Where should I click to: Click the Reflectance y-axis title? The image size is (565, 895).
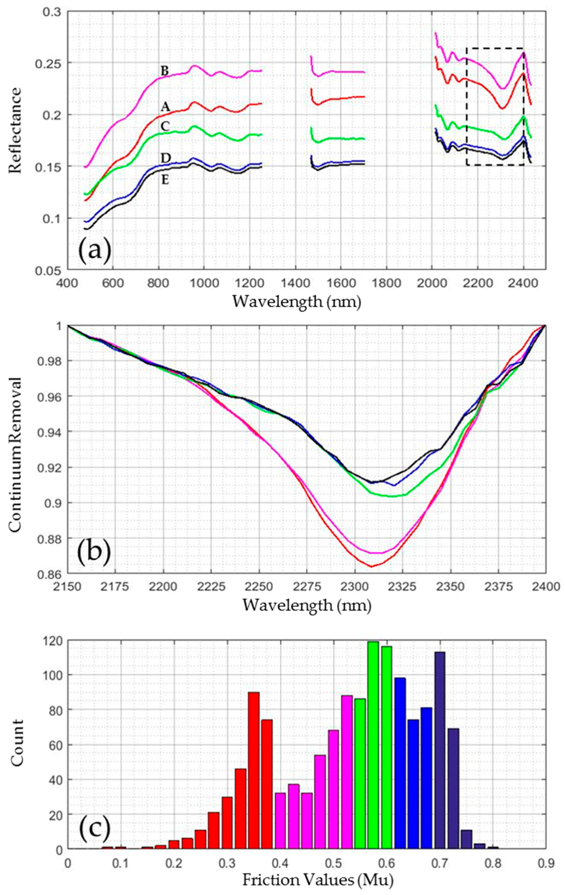(x=15, y=130)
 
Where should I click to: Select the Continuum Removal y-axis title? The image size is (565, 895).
(x=15, y=450)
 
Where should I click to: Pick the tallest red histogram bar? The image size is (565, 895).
(x=253, y=766)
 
